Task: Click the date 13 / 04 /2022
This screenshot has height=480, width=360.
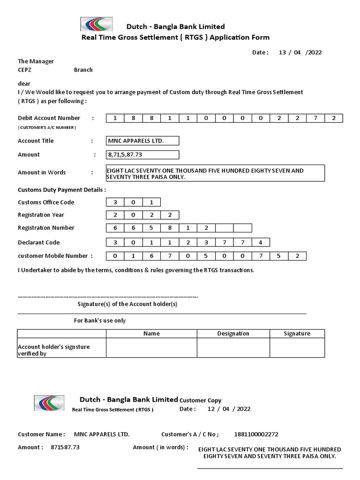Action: click(x=300, y=52)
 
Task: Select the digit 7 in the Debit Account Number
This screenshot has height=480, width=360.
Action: click(x=315, y=118)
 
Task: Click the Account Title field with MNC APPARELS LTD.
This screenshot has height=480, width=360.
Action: click(x=142, y=141)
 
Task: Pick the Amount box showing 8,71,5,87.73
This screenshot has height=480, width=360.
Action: click(x=142, y=155)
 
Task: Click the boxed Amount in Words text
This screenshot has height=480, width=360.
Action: click(x=215, y=173)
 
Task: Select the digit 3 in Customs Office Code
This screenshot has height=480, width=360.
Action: click(x=115, y=202)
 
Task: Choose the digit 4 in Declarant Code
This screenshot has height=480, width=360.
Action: click(x=261, y=243)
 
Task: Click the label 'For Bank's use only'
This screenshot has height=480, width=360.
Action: click(x=99, y=321)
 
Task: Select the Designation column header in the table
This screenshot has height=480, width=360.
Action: click(x=233, y=333)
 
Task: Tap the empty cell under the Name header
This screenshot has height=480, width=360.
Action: click(x=151, y=348)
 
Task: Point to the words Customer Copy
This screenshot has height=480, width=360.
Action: click(x=201, y=400)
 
